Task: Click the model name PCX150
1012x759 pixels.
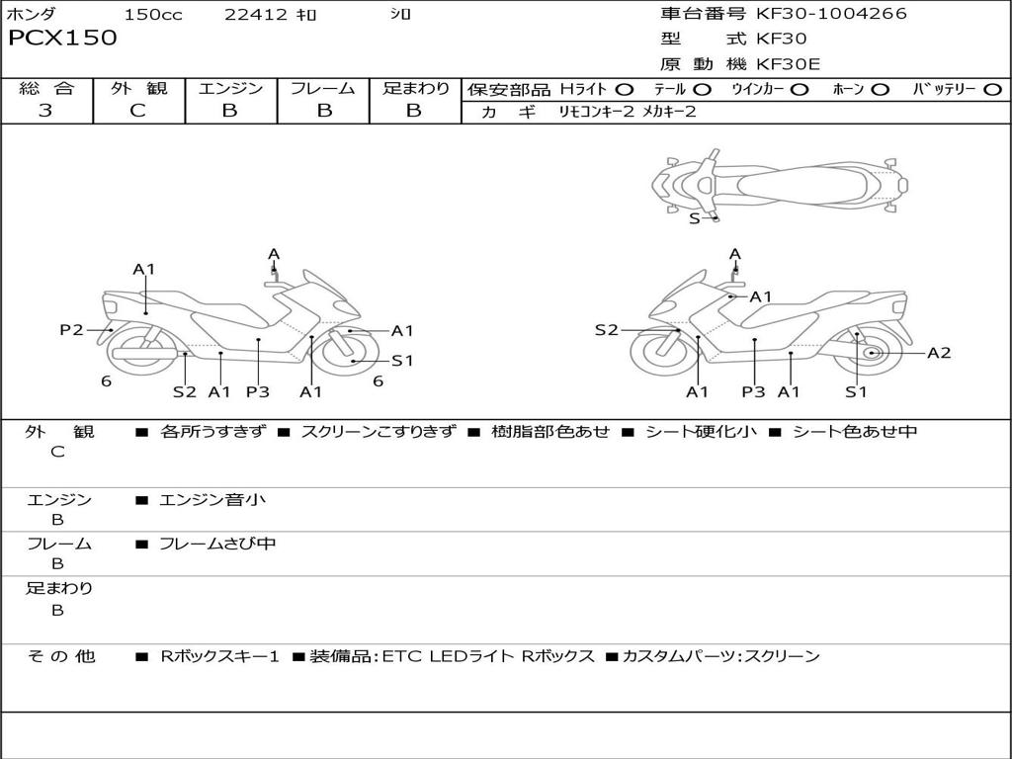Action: click(62, 39)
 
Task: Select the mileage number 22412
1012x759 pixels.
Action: click(256, 14)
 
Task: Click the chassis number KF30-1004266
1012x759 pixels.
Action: click(831, 14)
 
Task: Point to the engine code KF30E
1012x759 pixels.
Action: click(789, 64)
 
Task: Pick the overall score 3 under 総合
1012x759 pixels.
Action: click(45, 111)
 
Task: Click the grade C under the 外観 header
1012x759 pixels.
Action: click(137, 111)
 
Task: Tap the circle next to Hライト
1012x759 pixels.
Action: click(624, 90)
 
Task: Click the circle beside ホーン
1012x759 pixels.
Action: click(880, 90)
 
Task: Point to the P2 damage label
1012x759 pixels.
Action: click(71, 330)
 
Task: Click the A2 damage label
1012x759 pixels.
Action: click(939, 352)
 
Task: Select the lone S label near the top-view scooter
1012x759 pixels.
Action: click(694, 218)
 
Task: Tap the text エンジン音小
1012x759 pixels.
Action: click(212, 500)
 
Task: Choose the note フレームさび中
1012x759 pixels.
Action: click(217, 544)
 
